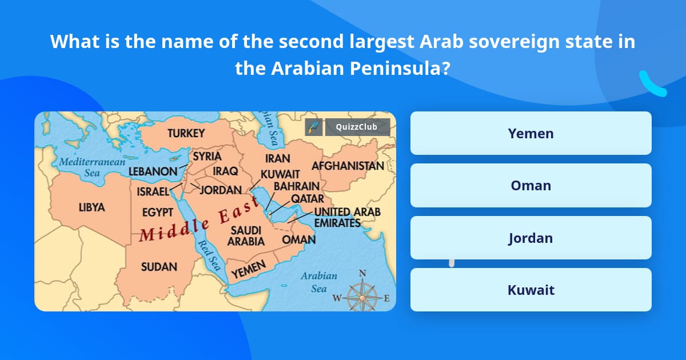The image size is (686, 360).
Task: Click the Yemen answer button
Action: click(531, 133)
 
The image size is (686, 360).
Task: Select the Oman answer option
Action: click(531, 185)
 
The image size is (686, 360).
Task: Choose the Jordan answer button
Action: click(531, 238)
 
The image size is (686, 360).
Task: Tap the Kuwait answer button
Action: click(531, 290)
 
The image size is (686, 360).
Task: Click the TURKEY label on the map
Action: click(186, 134)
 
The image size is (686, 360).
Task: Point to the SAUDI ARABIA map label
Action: click(246, 235)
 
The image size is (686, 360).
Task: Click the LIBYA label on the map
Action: click(91, 207)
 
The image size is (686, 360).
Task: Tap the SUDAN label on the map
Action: click(159, 266)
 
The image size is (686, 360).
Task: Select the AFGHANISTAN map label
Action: click(348, 166)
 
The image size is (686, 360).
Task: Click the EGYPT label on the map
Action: click(157, 212)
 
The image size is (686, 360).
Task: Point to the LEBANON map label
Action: click(153, 171)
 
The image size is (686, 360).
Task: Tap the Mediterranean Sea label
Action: click(92, 167)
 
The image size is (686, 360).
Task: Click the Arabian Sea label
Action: click(319, 282)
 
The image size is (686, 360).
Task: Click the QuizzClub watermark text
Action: click(357, 127)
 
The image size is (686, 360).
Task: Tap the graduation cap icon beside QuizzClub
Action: click(313, 127)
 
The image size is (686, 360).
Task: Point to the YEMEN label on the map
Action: click(249, 270)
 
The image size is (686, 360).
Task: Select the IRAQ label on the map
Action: click(225, 171)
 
